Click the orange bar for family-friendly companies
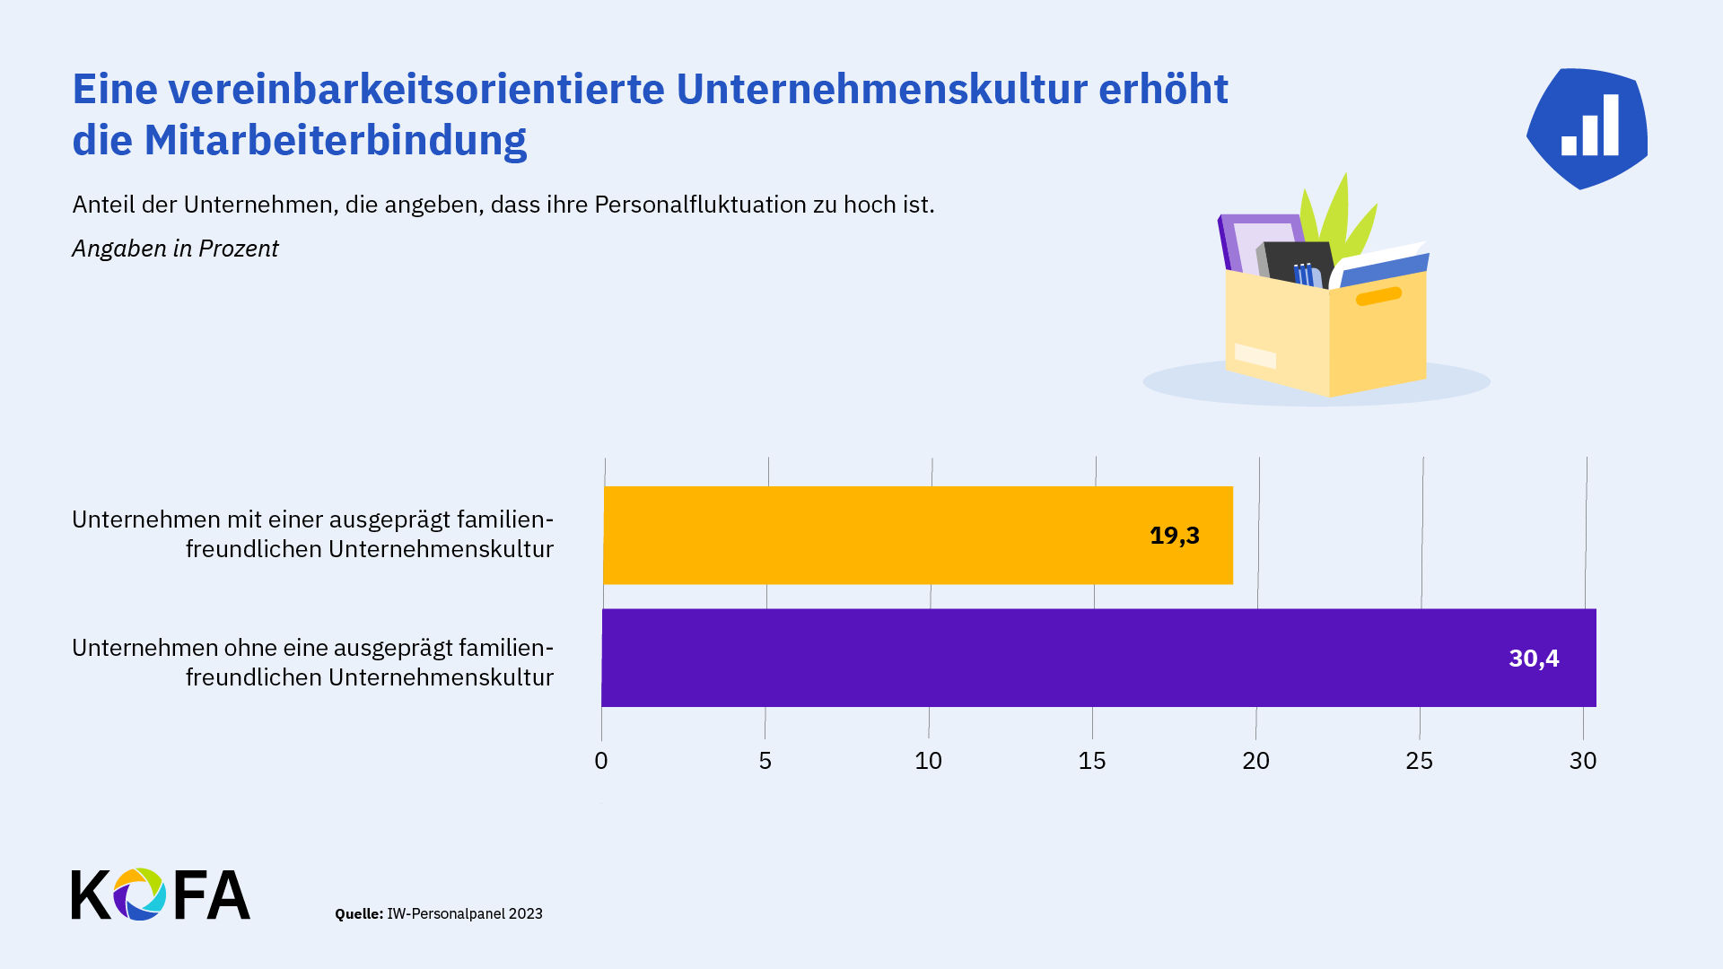pyautogui.click(x=918, y=536)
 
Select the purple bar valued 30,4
pyautogui.click(x=1098, y=658)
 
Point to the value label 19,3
pyautogui.click(x=1175, y=536)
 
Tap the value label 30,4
pyautogui.click(x=1534, y=659)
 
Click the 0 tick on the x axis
pyautogui.click(x=601, y=761)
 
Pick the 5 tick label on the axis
pyautogui.click(x=765, y=761)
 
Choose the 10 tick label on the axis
pyautogui.click(x=928, y=761)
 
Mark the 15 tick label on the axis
pyautogui.click(x=1092, y=761)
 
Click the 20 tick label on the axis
pyautogui.click(x=1255, y=761)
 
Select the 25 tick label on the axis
pyautogui.click(x=1419, y=761)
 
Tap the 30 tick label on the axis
pyautogui.click(x=1583, y=761)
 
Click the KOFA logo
pyautogui.click(x=161, y=894)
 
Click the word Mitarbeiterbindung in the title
pyautogui.click(x=336, y=140)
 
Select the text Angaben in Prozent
pyautogui.click(x=175, y=249)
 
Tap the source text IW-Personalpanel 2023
pyautogui.click(x=465, y=913)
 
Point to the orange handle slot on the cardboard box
pyautogui.click(x=1378, y=296)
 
